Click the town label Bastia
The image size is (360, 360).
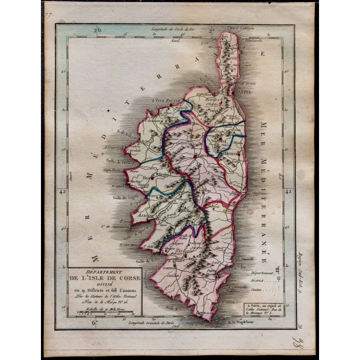click(242, 91)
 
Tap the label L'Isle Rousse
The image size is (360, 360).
click(166, 101)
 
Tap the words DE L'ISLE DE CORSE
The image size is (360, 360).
click(104, 278)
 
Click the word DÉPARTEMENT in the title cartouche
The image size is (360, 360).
click(104, 272)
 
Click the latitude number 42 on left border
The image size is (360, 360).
click(62, 192)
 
